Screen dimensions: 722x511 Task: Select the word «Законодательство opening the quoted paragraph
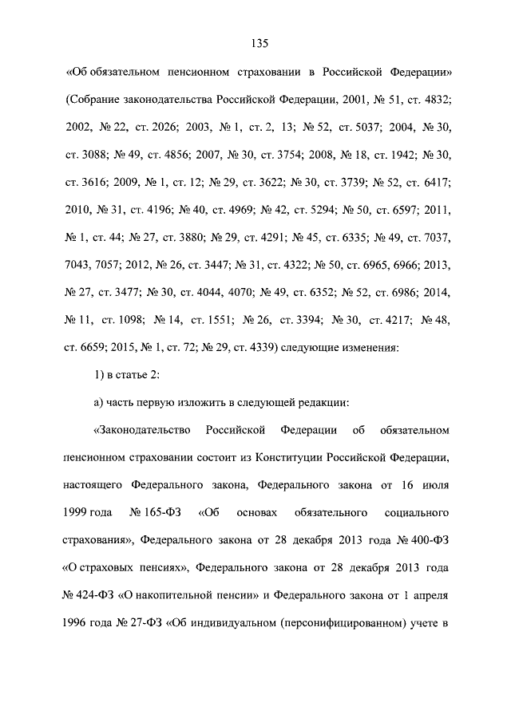pyautogui.click(x=142, y=431)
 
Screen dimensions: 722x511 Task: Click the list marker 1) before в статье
pyautogui.click(x=102, y=376)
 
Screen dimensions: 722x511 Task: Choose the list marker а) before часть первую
pyautogui.click(x=102, y=403)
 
